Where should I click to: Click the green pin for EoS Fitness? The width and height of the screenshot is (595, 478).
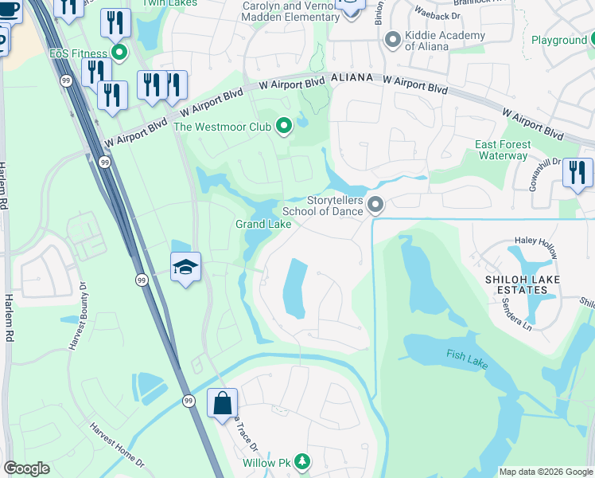[119, 54]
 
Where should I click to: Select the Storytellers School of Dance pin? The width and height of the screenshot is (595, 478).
[377, 206]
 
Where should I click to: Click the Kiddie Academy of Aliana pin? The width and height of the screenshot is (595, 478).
[391, 40]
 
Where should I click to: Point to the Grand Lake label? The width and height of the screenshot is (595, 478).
[262, 225]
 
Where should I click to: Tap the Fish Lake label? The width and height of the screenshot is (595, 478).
[465, 355]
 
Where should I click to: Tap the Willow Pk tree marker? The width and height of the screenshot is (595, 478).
[301, 461]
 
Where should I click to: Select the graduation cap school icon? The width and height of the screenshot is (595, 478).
[185, 267]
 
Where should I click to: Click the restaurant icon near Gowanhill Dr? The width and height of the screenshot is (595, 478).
[577, 173]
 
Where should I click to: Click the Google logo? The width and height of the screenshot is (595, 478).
[26, 468]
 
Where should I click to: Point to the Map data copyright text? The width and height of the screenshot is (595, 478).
[545, 472]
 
